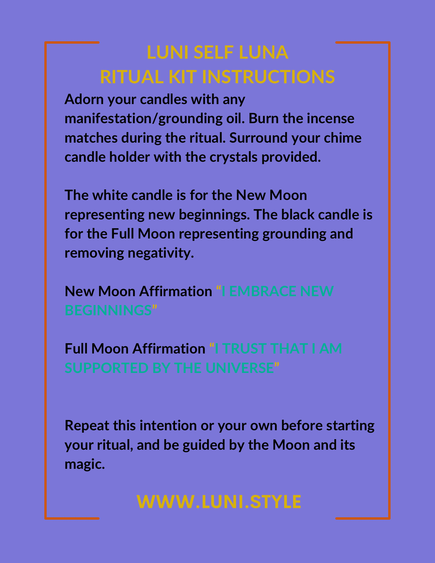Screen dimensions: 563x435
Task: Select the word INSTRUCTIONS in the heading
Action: coord(268,76)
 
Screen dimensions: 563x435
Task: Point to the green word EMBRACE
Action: coord(263,291)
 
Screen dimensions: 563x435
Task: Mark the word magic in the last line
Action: coord(84,464)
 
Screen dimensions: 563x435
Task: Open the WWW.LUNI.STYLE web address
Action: coord(219,502)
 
